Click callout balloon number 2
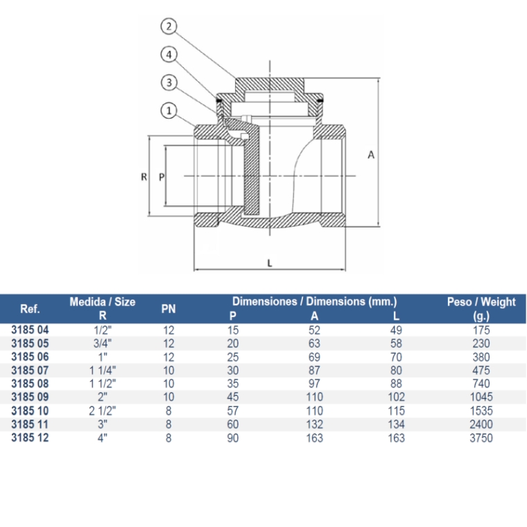(x=169, y=26)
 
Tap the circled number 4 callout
(x=169, y=55)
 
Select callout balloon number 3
(x=169, y=83)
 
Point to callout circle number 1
(x=169, y=110)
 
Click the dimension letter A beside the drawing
(x=371, y=155)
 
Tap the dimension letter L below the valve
(x=270, y=263)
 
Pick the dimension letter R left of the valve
(x=144, y=177)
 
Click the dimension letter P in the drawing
(x=162, y=177)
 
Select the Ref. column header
(x=30, y=309)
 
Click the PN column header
(x=169, y=309)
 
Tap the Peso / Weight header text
(x=481, y=302)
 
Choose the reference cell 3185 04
(x=30, y=329)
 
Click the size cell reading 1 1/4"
(x=103, y=370)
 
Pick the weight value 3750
(x=481, y=438)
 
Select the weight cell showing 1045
(x=481, y=397)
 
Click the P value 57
(x=232, y=411)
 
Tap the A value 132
(x=314, y=424)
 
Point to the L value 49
(x=396, y=330)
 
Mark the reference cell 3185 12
(x=30, y=438)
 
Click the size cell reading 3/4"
(x=103, y=343)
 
